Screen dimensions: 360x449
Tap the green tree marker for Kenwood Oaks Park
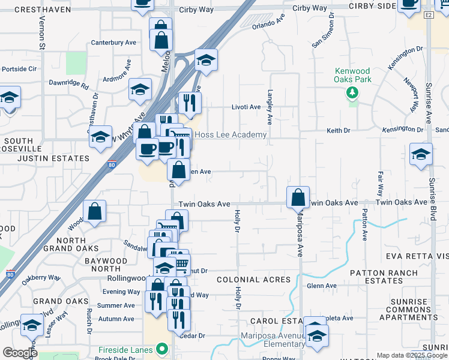(x=352, y=93)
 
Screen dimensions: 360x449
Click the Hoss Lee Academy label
(x=231, y=135)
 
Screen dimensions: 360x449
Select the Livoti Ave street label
(x=246, y=107)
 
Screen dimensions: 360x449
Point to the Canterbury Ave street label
(x=113, y=43)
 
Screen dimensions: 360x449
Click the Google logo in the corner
(x=20, y=353)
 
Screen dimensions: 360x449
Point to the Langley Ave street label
(x=270, y=107)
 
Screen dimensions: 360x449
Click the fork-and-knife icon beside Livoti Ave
(x=190, y=103)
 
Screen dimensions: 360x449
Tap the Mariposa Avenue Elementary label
(x=273, y=340)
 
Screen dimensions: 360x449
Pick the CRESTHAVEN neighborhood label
(x=39, y=10)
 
